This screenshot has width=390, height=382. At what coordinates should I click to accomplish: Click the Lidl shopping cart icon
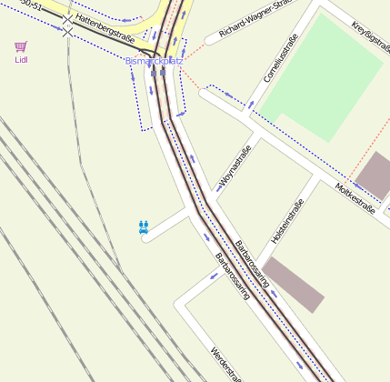click(x=21, y=46)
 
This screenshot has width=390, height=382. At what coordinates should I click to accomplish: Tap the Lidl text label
click(x=21, y=60)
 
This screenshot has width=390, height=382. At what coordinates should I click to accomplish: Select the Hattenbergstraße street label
click(x=105, y=28)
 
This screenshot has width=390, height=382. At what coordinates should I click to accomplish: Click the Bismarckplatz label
click(x=154, y=61)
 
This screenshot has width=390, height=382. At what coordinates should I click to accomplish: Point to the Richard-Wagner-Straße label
click(x=257, y=20)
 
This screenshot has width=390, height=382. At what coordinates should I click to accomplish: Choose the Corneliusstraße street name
click(x=280, y=59)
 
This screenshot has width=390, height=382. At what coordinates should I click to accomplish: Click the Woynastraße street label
click(x=234, y=167)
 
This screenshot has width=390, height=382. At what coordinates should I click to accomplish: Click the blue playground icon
click(x=144, y=226)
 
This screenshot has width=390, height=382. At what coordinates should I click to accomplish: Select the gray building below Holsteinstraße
click(x=292, y=284)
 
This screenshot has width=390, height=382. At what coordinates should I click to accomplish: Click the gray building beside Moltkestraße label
click(x=373, y=175)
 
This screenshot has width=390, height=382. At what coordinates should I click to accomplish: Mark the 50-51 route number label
click(x=32, y=5)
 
